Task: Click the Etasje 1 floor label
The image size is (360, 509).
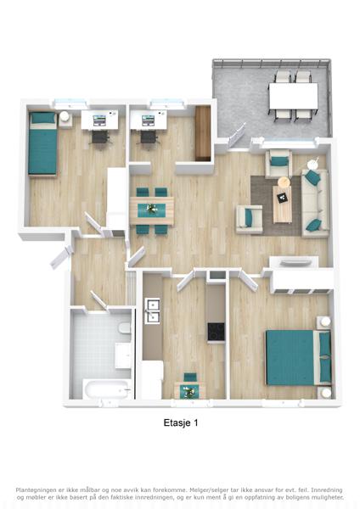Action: coord(181,422)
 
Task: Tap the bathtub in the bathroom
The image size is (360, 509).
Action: coord(107,389)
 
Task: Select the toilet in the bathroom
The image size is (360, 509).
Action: coord(125,327)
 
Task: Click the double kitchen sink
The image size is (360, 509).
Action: coord(152,311)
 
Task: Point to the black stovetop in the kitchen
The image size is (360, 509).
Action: coord(216,332)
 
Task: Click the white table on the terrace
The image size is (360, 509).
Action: coord(294,96)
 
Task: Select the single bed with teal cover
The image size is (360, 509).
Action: coord(42,143)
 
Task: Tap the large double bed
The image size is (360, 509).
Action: coord(299,357)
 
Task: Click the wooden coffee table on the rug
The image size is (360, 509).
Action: coord(282,204)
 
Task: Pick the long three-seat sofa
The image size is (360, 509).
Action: coord(315,203)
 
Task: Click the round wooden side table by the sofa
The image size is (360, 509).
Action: coord(284,182)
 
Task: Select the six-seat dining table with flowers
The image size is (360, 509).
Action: coord(151,210)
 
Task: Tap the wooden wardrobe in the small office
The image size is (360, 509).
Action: coord(203,133)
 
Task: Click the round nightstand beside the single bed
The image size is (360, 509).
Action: coord(64,116)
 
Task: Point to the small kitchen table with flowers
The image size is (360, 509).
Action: coord(189,390)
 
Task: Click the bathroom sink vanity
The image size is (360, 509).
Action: coord(123,355)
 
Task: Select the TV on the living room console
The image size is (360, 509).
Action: coord(294,262)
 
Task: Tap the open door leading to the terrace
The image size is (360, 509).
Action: coord(237,136)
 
